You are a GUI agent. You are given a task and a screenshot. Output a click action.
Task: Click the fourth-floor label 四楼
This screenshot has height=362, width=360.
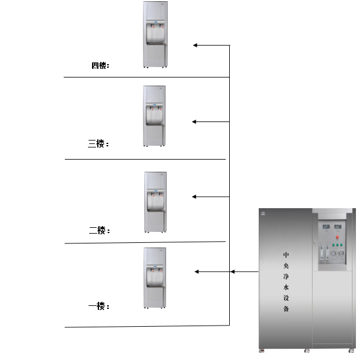pos(99,65)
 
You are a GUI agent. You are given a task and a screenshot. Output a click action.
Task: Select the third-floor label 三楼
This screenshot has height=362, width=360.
pos(97,143)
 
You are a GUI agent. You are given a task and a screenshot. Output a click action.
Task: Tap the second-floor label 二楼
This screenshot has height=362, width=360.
pos(98,230)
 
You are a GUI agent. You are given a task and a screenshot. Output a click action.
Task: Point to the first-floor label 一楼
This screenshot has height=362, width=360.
pos(97,306)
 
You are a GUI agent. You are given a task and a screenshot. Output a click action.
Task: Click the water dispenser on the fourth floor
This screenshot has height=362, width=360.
pos(155,35)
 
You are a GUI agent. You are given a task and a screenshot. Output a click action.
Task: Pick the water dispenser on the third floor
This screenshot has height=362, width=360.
pos(155,116)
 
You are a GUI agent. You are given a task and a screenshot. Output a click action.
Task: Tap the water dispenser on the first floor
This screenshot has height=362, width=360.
pos(155,278)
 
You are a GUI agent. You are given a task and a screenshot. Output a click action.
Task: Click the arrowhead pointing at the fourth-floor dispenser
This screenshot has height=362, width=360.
pos(196,45)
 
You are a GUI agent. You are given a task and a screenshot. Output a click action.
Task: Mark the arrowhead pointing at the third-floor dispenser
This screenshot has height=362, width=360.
pos(194,121)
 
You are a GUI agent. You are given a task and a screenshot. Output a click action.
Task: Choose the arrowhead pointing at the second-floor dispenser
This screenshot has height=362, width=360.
pos(195,197)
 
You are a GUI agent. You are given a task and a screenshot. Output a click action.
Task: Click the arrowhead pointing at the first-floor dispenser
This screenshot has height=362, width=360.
pos(197,272)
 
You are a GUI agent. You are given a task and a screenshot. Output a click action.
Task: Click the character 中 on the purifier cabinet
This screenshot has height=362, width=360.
pos(286,254)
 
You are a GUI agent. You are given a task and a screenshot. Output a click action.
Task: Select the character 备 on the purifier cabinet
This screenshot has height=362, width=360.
pos(286,309)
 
